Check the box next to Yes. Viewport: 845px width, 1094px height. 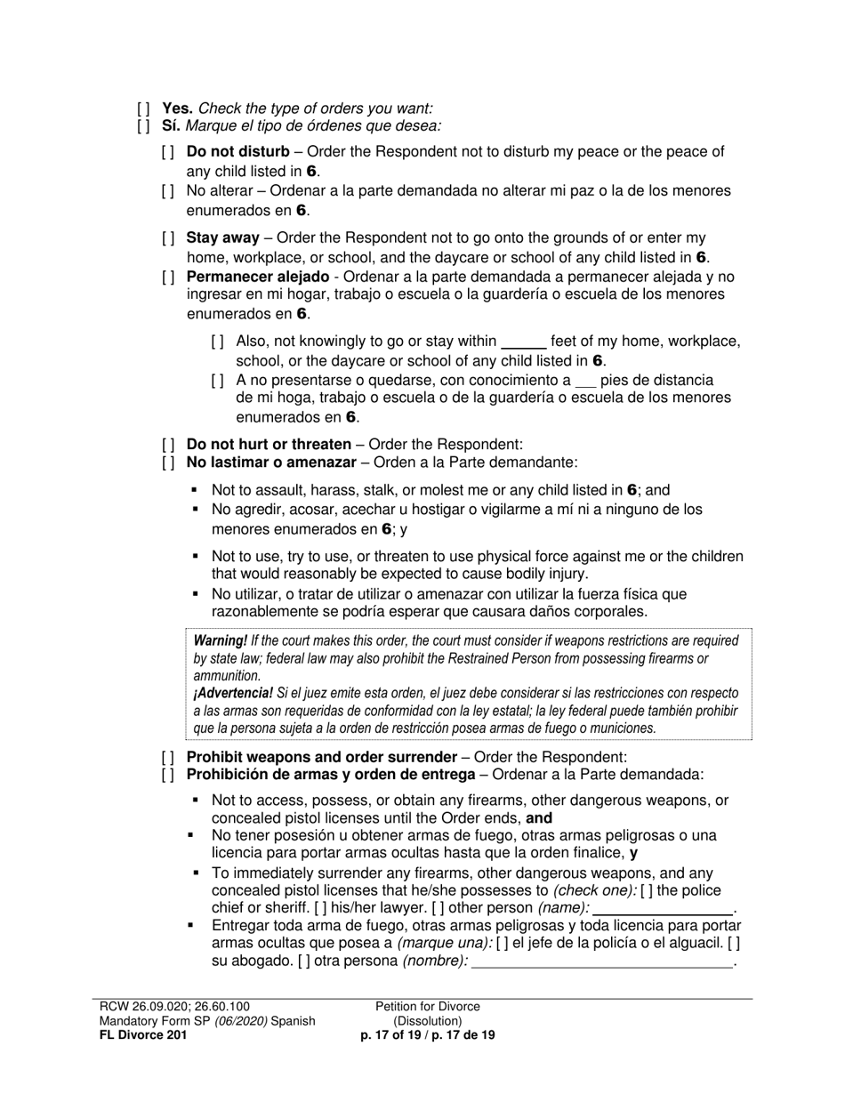pos(143,109)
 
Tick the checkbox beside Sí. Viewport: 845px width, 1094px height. pos(143,126)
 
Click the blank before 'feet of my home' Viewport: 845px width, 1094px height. pos(523,342)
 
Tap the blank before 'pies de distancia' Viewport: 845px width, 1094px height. pos(584,381)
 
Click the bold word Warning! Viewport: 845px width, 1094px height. pos(220,640)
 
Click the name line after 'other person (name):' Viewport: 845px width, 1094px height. pos(662,909)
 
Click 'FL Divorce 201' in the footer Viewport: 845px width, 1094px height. pos(143,1035)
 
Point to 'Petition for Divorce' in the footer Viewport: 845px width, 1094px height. pos(427,1007)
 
